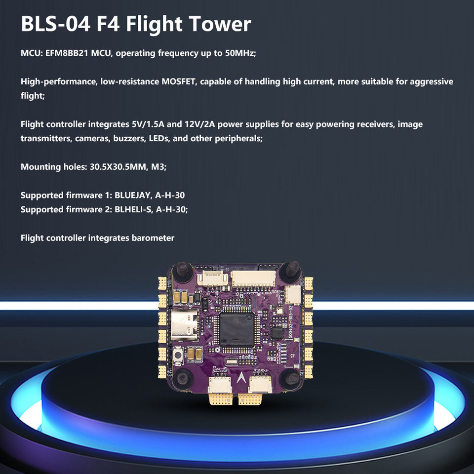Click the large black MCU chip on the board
coord(236,329)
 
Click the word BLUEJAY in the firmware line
coord(133,195)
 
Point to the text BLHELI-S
coord(133,209)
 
